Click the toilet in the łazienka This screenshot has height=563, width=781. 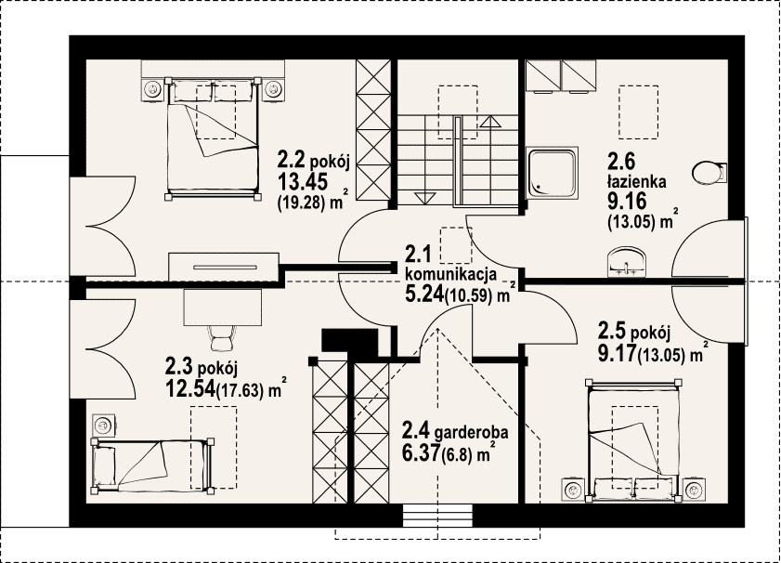tap(709, 173)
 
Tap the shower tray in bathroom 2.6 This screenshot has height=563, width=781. tap(553, 173)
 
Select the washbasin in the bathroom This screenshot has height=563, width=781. tap(626, 262)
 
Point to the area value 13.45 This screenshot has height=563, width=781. tap(303, 181)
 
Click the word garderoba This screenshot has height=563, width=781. tap(472, 432)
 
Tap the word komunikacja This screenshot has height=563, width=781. tap(451, 274)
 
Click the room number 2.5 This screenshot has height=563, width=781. tap(612, 331)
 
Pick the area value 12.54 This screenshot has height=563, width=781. tap(189, 388)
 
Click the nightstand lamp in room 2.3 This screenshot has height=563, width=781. tap(103, 425)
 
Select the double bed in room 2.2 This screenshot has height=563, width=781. tap(213, 138)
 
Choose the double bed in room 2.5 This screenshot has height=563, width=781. tap(632, 439)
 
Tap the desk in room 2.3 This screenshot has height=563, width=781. tap(223, 307)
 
